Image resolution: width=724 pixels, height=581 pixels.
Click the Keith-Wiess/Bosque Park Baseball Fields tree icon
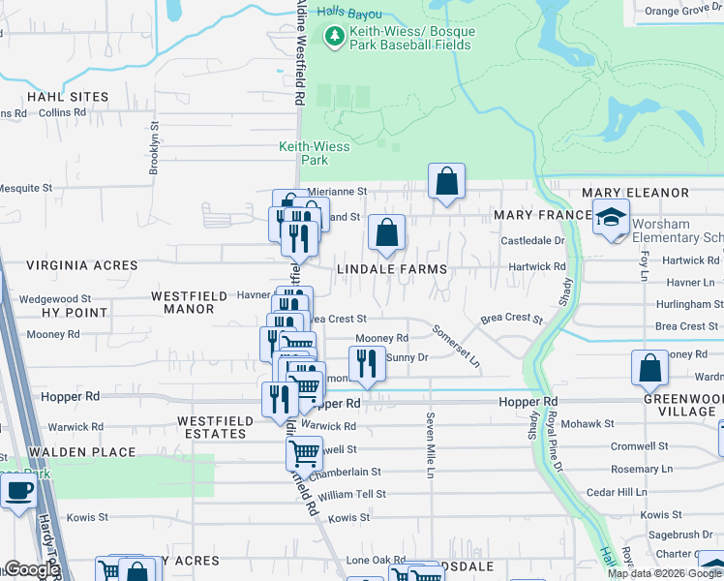[335, 37]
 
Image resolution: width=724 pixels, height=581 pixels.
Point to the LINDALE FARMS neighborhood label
[392, 268]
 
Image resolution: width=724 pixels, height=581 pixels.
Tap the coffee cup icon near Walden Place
[17, 490]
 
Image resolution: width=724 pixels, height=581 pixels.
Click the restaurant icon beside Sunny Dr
[366, 363]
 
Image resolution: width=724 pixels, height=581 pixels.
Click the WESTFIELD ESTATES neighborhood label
[214, 427]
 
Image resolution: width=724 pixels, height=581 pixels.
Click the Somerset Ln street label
[456, 344]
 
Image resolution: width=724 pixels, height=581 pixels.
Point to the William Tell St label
[351, 494]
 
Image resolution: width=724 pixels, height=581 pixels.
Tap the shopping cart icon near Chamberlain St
[304, 453]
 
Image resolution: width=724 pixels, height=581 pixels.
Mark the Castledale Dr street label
[531, 239]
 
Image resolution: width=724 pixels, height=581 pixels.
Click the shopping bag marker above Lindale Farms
[386, 232]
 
